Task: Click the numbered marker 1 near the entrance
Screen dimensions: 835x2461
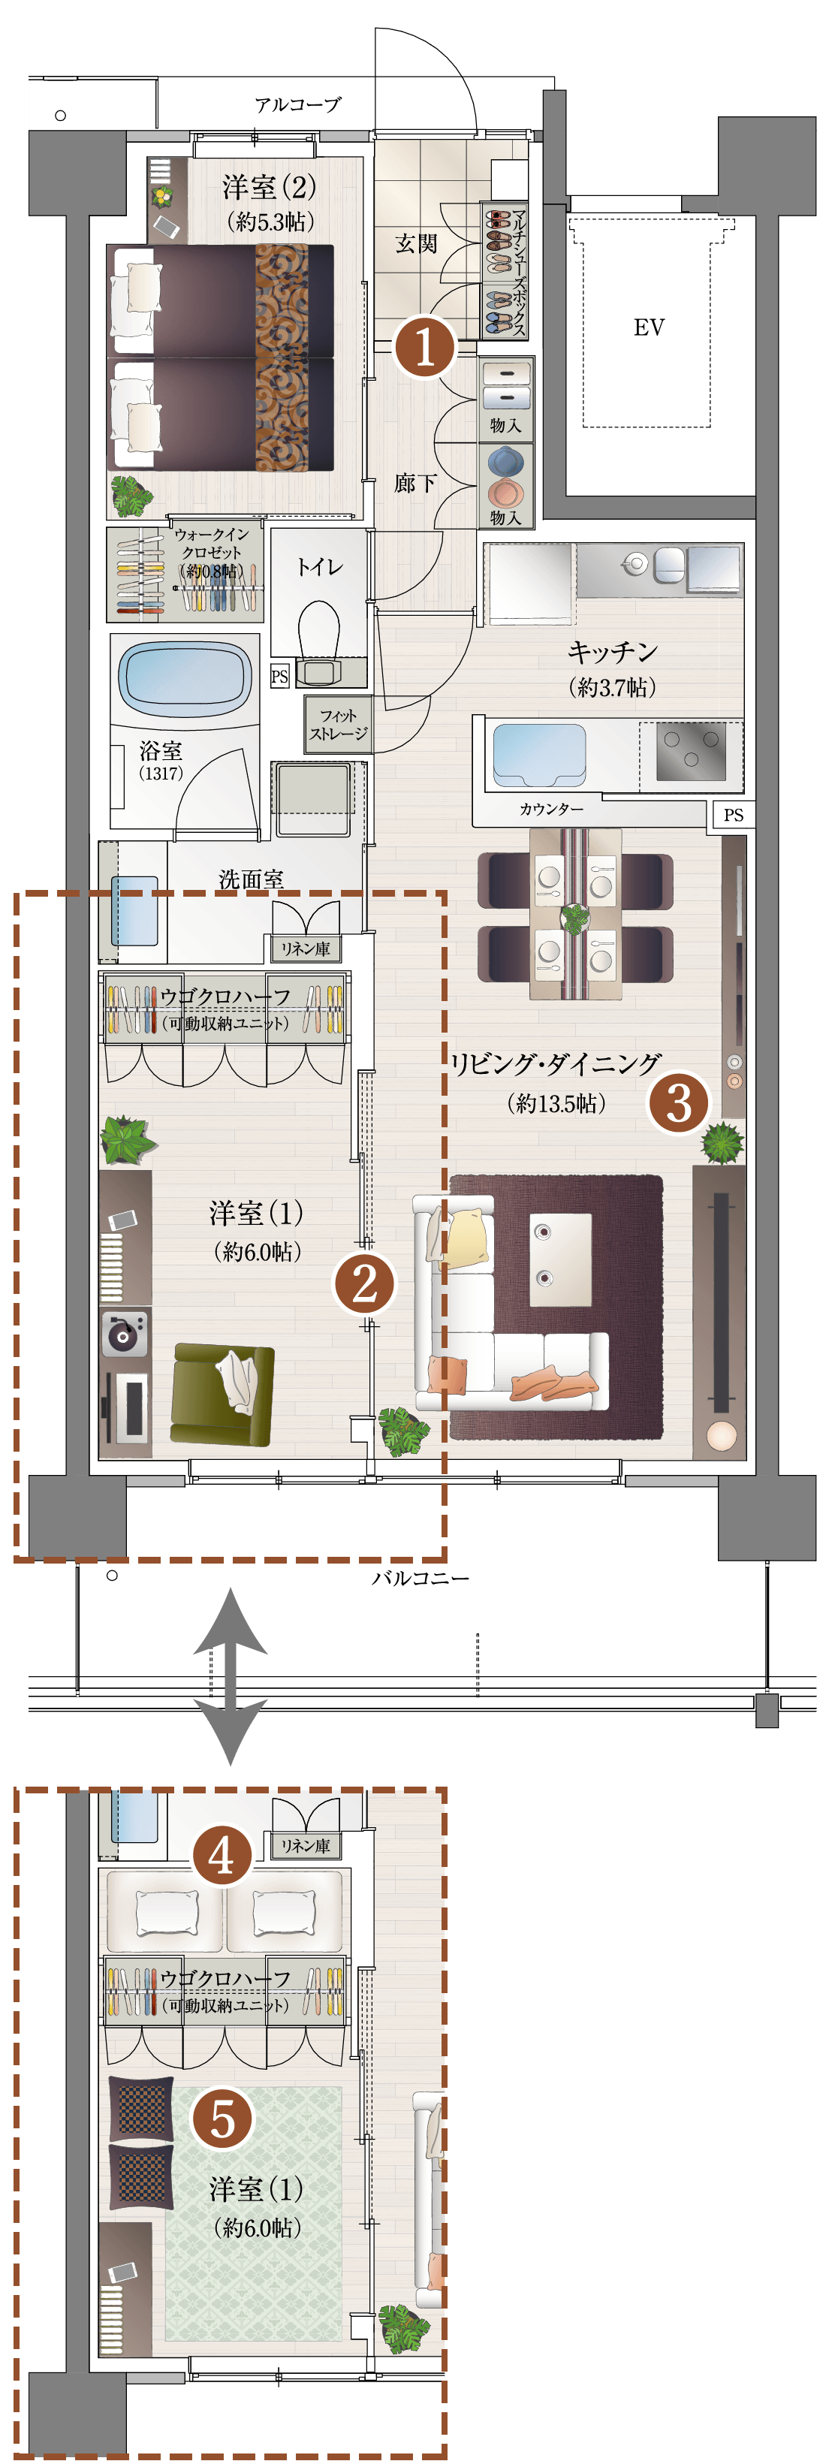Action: coord(424,346)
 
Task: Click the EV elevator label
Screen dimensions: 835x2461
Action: coord(649,327)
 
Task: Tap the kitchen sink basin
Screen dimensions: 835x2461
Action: coord(539,755)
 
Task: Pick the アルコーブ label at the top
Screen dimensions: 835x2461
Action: coord(298,104)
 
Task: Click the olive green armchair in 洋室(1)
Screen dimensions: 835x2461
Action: coord(222,1395)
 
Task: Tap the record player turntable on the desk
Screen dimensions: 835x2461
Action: coord(125,1334)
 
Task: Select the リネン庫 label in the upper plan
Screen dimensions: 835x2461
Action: coord(305,949)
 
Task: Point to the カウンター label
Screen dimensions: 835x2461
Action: coord(551,809)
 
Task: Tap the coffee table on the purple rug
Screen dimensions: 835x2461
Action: coord(560,1259)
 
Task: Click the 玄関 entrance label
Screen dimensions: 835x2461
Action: coord(417,243)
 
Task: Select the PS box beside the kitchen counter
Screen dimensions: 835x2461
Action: coord(733,815)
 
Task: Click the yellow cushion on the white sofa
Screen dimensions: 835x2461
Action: coord(464,1238)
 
